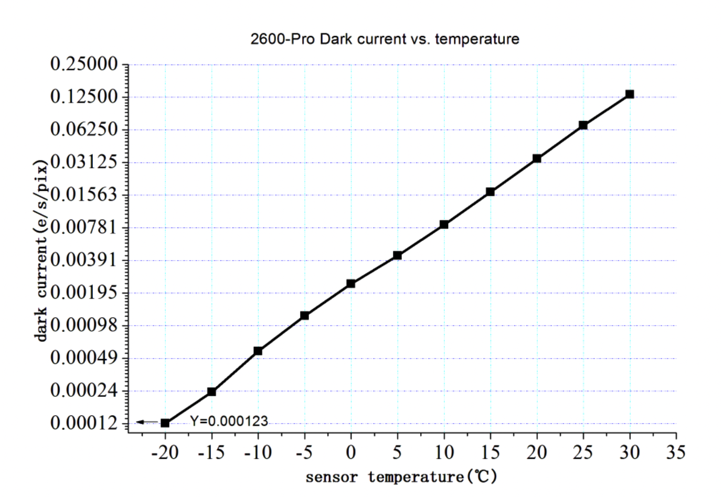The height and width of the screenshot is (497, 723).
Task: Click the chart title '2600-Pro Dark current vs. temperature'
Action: [385, 39]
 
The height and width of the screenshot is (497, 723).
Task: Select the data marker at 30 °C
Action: [630, 94]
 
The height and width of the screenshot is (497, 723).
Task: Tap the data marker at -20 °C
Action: [165, 423]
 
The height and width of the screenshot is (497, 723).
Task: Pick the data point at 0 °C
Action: [351, 284]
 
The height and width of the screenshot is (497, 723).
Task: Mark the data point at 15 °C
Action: [490, 192]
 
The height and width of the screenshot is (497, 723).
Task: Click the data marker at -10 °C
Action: [258, 351]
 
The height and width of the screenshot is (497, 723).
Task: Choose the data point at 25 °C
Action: [583, 125]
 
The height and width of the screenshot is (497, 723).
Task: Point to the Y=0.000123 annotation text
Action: [229, 421]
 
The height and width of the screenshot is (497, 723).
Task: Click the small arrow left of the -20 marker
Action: [147, 422]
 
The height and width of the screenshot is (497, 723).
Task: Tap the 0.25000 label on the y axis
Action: [84, 64]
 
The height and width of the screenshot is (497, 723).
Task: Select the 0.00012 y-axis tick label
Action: [84, 423]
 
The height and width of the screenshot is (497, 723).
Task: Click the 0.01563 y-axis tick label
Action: [84, 195]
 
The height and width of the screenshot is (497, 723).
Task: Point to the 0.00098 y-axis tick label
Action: [84, 325]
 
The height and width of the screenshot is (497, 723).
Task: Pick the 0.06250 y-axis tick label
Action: [84, 129]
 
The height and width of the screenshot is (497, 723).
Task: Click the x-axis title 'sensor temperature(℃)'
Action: [401, 477]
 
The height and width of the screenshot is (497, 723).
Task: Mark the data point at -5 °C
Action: [304, 316]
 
